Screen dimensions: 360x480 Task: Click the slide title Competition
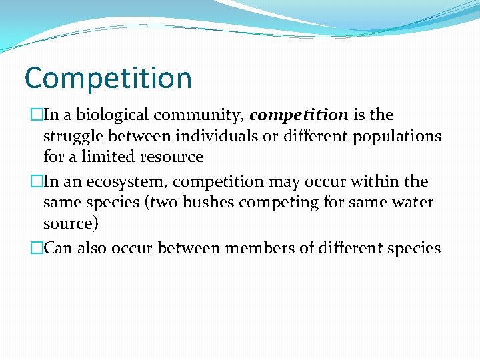pos(108,79)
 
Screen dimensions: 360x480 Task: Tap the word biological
pos(109,115)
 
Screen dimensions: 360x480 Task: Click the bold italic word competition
pos(299,115)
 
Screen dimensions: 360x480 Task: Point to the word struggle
pos(70,137)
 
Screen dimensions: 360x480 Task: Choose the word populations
pos(396,137)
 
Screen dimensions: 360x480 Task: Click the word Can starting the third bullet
pos(58,248)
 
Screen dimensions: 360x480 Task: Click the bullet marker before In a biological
pos(35,115)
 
